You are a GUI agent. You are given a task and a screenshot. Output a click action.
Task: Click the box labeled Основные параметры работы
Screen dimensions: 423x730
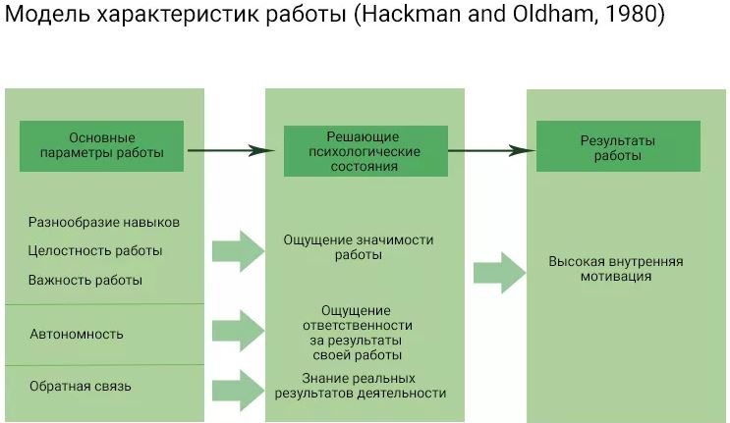pyautogui.click(x=102, y=145)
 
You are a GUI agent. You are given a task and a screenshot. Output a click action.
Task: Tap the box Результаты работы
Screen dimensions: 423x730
pyautogui.click(x=617, y=147)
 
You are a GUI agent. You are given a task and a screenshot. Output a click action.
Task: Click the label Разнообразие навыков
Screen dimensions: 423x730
pyautogui.click(x=104, y=222)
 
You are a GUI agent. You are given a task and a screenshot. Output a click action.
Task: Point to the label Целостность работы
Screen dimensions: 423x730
pyautogui.click(x=95, y=250)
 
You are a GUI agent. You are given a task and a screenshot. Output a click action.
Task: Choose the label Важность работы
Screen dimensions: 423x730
pyautogui.click(x=85, y=280)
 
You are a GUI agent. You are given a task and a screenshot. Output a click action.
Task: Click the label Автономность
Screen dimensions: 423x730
pyautogui.click(x=77, y=334)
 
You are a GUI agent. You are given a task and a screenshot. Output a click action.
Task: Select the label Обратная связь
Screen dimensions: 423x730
pyautogui.click(x=81, y=386)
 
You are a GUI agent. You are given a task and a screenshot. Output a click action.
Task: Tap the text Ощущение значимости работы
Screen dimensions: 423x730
pyautogui.click(x=358, y=246)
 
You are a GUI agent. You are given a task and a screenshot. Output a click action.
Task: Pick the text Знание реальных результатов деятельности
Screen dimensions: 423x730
pyautogui.click(x=361, y=386)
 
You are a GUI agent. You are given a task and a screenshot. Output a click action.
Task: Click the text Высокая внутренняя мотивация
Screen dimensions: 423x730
pyautogui.click(x=616, y=269)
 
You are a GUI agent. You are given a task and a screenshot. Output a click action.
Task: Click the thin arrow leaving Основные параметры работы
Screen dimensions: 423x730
pyautogui.click(x=230, y=151)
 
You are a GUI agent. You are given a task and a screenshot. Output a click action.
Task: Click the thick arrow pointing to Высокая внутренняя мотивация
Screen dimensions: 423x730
pyautogui.click(x=499, y=271)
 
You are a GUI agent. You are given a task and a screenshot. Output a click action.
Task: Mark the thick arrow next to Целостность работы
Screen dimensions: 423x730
pyautogui.click(x=238, y=250)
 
